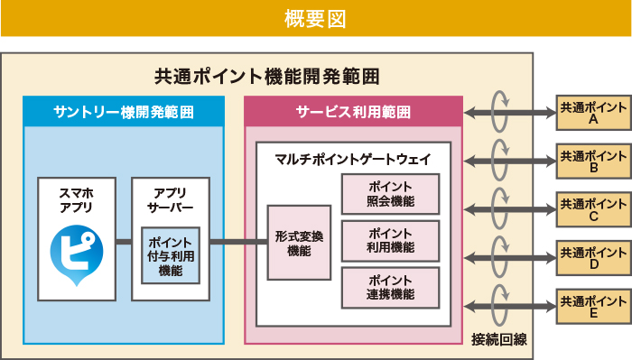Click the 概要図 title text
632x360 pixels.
(x=315, y=18)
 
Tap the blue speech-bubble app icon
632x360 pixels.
(x=77, y=254)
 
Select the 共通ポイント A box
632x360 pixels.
(x=593, y=113)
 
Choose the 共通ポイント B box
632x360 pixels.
(x=593, y=161)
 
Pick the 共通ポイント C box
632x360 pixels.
(x=593, y=208)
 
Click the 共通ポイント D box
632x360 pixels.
(x=593, y=256)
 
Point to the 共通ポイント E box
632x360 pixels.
(x=593, y=305)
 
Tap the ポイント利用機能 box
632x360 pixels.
(x=390, y=241)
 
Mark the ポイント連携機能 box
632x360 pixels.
(x=390, y=288)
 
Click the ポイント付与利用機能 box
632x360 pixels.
(x=170, y=255)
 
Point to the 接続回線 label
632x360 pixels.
(x=498, y=338)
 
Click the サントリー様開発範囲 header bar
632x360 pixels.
(x=124, y=112)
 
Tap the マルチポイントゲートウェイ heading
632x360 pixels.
(x=353, y=159)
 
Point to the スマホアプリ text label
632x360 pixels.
(x=76, y=200)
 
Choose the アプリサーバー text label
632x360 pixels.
(x=170, y=200)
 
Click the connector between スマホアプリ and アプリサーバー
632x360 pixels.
(x=124, y=242)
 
